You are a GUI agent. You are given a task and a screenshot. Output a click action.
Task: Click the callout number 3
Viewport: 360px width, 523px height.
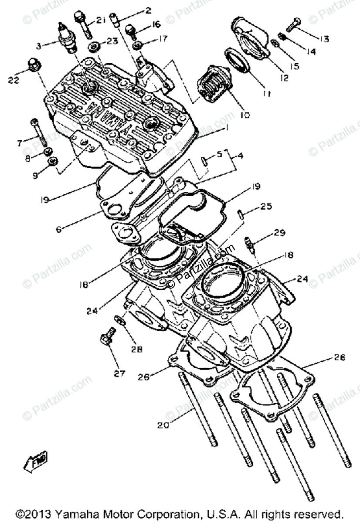pos(39,45)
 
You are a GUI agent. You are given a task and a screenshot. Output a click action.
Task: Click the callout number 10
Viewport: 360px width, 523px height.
pos(245,115)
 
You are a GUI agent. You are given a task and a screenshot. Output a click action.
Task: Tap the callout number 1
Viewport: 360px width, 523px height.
pos(225,129)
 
